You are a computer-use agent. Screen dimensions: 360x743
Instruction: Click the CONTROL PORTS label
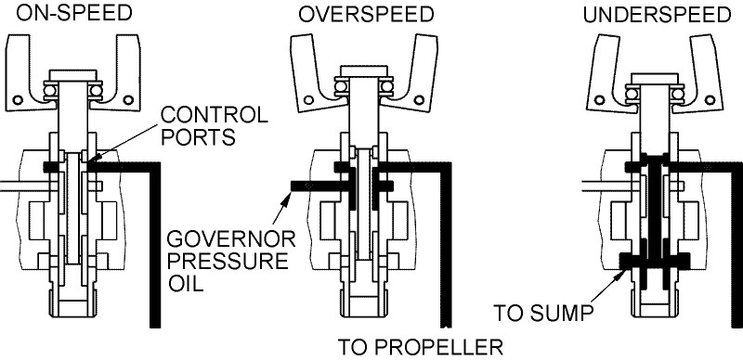(x=215, y=125)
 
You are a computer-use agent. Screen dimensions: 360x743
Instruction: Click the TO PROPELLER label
(x=421, y=348)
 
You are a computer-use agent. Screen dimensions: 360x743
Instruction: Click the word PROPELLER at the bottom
(x=442, y=348)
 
